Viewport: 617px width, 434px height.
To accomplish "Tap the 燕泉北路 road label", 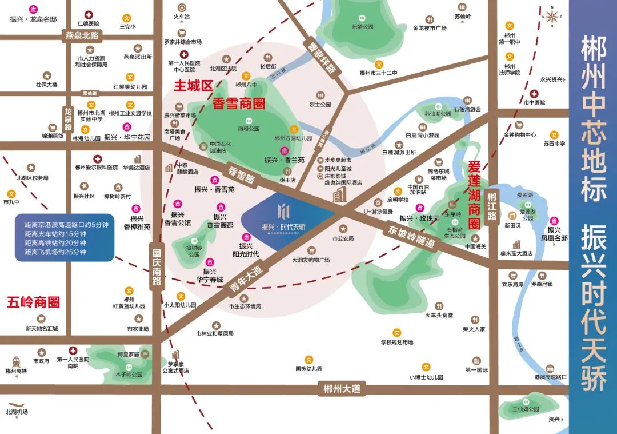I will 82,35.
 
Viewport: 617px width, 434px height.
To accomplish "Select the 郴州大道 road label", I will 342,389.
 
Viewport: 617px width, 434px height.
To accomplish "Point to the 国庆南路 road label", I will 157,265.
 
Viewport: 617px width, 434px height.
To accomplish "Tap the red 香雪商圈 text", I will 239,103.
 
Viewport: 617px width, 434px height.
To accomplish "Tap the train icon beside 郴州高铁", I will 15,360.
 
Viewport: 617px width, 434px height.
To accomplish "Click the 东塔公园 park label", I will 362,26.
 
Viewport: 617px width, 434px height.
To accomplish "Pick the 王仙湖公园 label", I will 526,409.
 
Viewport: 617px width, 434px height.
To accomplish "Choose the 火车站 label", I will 181,17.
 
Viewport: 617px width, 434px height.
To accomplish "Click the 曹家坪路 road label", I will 321,57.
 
